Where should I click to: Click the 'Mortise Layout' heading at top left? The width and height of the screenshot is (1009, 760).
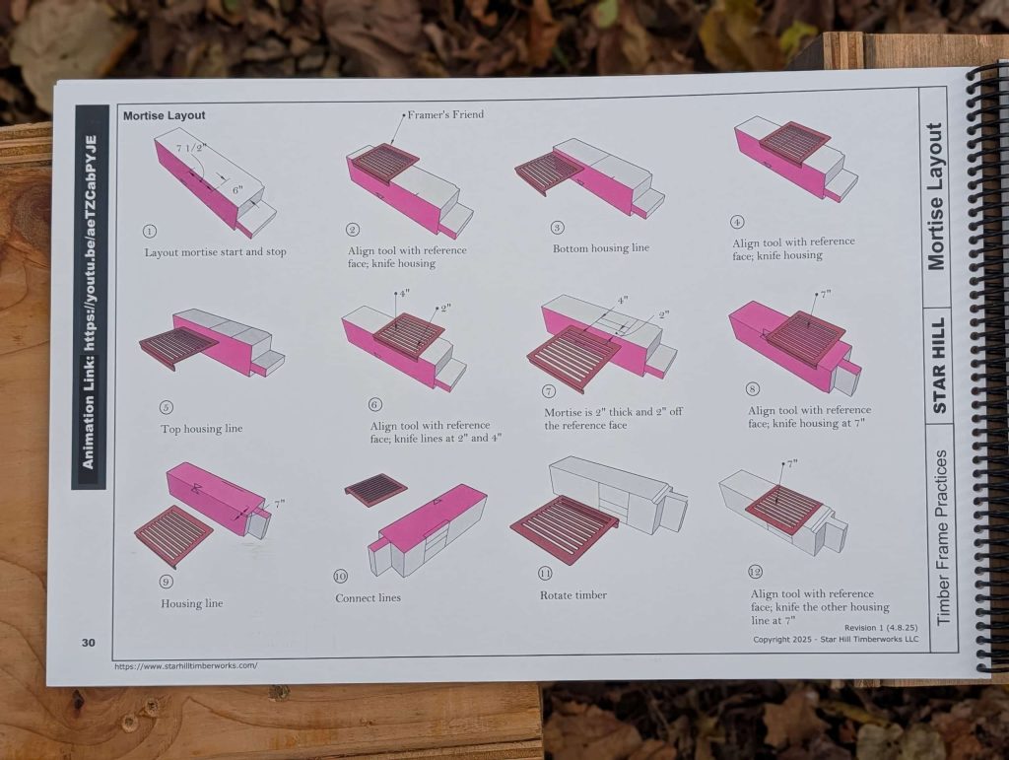[x=165, y=116]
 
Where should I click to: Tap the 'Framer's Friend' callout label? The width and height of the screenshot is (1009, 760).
[x=445, y=114]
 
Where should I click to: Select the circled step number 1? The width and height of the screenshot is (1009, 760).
[x=150, y=232]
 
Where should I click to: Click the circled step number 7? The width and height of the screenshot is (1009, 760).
[x=549, y=390]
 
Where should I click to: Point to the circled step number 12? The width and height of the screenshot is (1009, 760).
[x=755, y=572]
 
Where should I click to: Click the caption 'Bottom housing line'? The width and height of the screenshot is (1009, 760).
[x=601, y=247]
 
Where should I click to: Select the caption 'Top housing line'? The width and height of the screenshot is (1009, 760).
[x=201, y=429]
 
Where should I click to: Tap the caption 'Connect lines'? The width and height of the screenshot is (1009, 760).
[x=369, y=597]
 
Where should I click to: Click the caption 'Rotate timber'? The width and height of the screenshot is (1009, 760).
[x=573, y=595]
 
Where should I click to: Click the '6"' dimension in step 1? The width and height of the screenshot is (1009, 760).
[x=238, y=190]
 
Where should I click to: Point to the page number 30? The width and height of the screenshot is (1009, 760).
[x=88, y=643]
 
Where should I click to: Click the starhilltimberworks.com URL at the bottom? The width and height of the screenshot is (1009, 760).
[x=186, y=666]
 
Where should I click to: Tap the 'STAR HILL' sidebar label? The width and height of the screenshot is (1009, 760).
[x=939, y=365]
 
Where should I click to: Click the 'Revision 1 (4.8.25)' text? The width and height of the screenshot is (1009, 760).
[x=881, y=628]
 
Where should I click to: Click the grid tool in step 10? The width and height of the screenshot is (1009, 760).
[x=376, y=490]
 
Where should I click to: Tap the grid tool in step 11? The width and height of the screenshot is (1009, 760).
[x=564, y=524]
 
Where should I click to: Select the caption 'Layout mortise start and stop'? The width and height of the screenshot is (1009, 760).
[x=215, y=252]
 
